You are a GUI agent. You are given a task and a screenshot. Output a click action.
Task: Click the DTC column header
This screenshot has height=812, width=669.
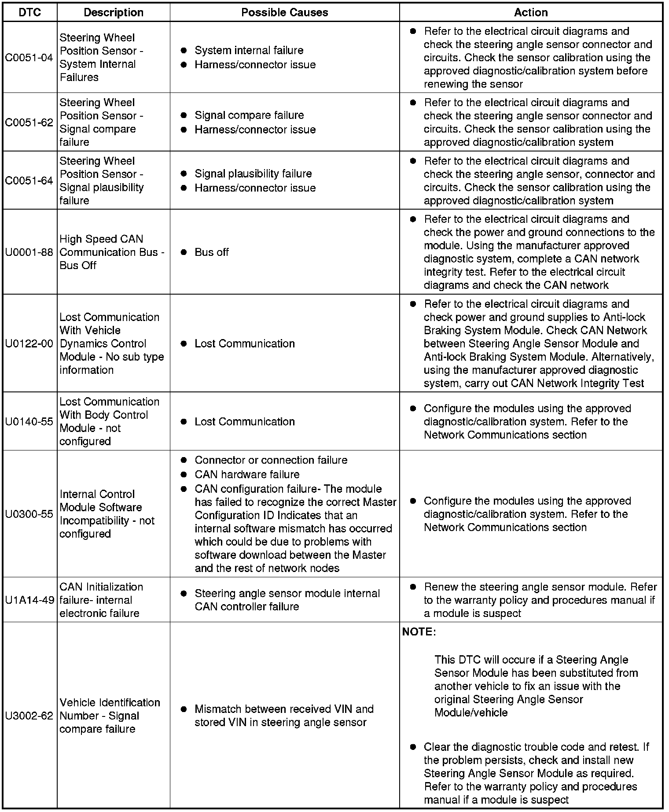(29, 12)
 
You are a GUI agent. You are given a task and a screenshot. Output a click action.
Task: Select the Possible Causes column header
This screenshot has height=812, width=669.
(284, 12)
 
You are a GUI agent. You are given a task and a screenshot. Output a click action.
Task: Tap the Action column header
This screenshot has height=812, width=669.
(531, 12)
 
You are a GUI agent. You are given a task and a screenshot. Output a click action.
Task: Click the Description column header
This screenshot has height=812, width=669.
(114, 12)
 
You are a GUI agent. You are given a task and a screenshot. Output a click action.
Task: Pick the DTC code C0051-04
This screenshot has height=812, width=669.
(29, 58)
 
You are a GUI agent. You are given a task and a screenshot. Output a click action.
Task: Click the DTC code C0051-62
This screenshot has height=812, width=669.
(29, 122)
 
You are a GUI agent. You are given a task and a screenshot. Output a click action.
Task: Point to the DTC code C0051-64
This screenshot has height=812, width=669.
(29, 181)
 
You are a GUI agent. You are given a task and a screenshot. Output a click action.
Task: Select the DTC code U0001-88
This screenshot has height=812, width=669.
(29, 252)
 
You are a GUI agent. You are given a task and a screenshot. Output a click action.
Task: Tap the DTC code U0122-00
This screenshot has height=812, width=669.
(29, 343)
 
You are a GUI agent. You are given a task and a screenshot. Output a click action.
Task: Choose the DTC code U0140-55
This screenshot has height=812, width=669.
(29, 421)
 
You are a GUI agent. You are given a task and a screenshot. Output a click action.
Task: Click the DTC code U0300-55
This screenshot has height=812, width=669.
(29, 514)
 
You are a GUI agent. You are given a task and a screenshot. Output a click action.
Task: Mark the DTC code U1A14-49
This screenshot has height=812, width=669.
(29, 600)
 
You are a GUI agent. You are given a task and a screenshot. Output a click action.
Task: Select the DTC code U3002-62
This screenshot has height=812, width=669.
(29, 716)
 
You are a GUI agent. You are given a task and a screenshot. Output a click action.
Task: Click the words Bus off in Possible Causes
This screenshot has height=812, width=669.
(212, 252)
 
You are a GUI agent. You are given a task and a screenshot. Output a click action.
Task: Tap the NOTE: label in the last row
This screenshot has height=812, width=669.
(419, 632)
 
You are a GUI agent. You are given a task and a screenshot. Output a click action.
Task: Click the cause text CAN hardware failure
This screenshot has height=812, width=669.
(247, 475)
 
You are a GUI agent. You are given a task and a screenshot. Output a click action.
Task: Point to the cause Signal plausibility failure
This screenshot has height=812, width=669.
(253, 173)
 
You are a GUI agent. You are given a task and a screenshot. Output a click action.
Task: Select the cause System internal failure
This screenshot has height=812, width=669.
(249, 50)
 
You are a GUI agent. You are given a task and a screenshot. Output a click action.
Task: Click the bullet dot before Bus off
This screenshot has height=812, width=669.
(184, 252)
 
